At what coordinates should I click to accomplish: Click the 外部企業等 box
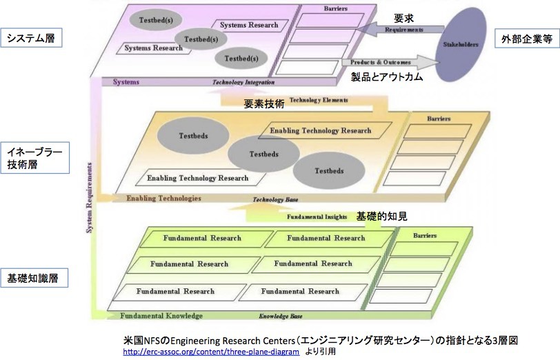527,39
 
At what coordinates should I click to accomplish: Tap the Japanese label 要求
403,17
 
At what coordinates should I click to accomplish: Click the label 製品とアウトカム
386,77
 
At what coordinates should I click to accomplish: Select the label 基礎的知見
381,216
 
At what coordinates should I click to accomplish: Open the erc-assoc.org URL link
210,352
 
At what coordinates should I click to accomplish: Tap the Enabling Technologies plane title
163,199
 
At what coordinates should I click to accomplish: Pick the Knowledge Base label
281,317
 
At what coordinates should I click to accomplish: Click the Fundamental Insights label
312,217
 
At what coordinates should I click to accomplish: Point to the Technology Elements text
319,100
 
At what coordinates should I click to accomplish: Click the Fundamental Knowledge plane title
161,316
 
